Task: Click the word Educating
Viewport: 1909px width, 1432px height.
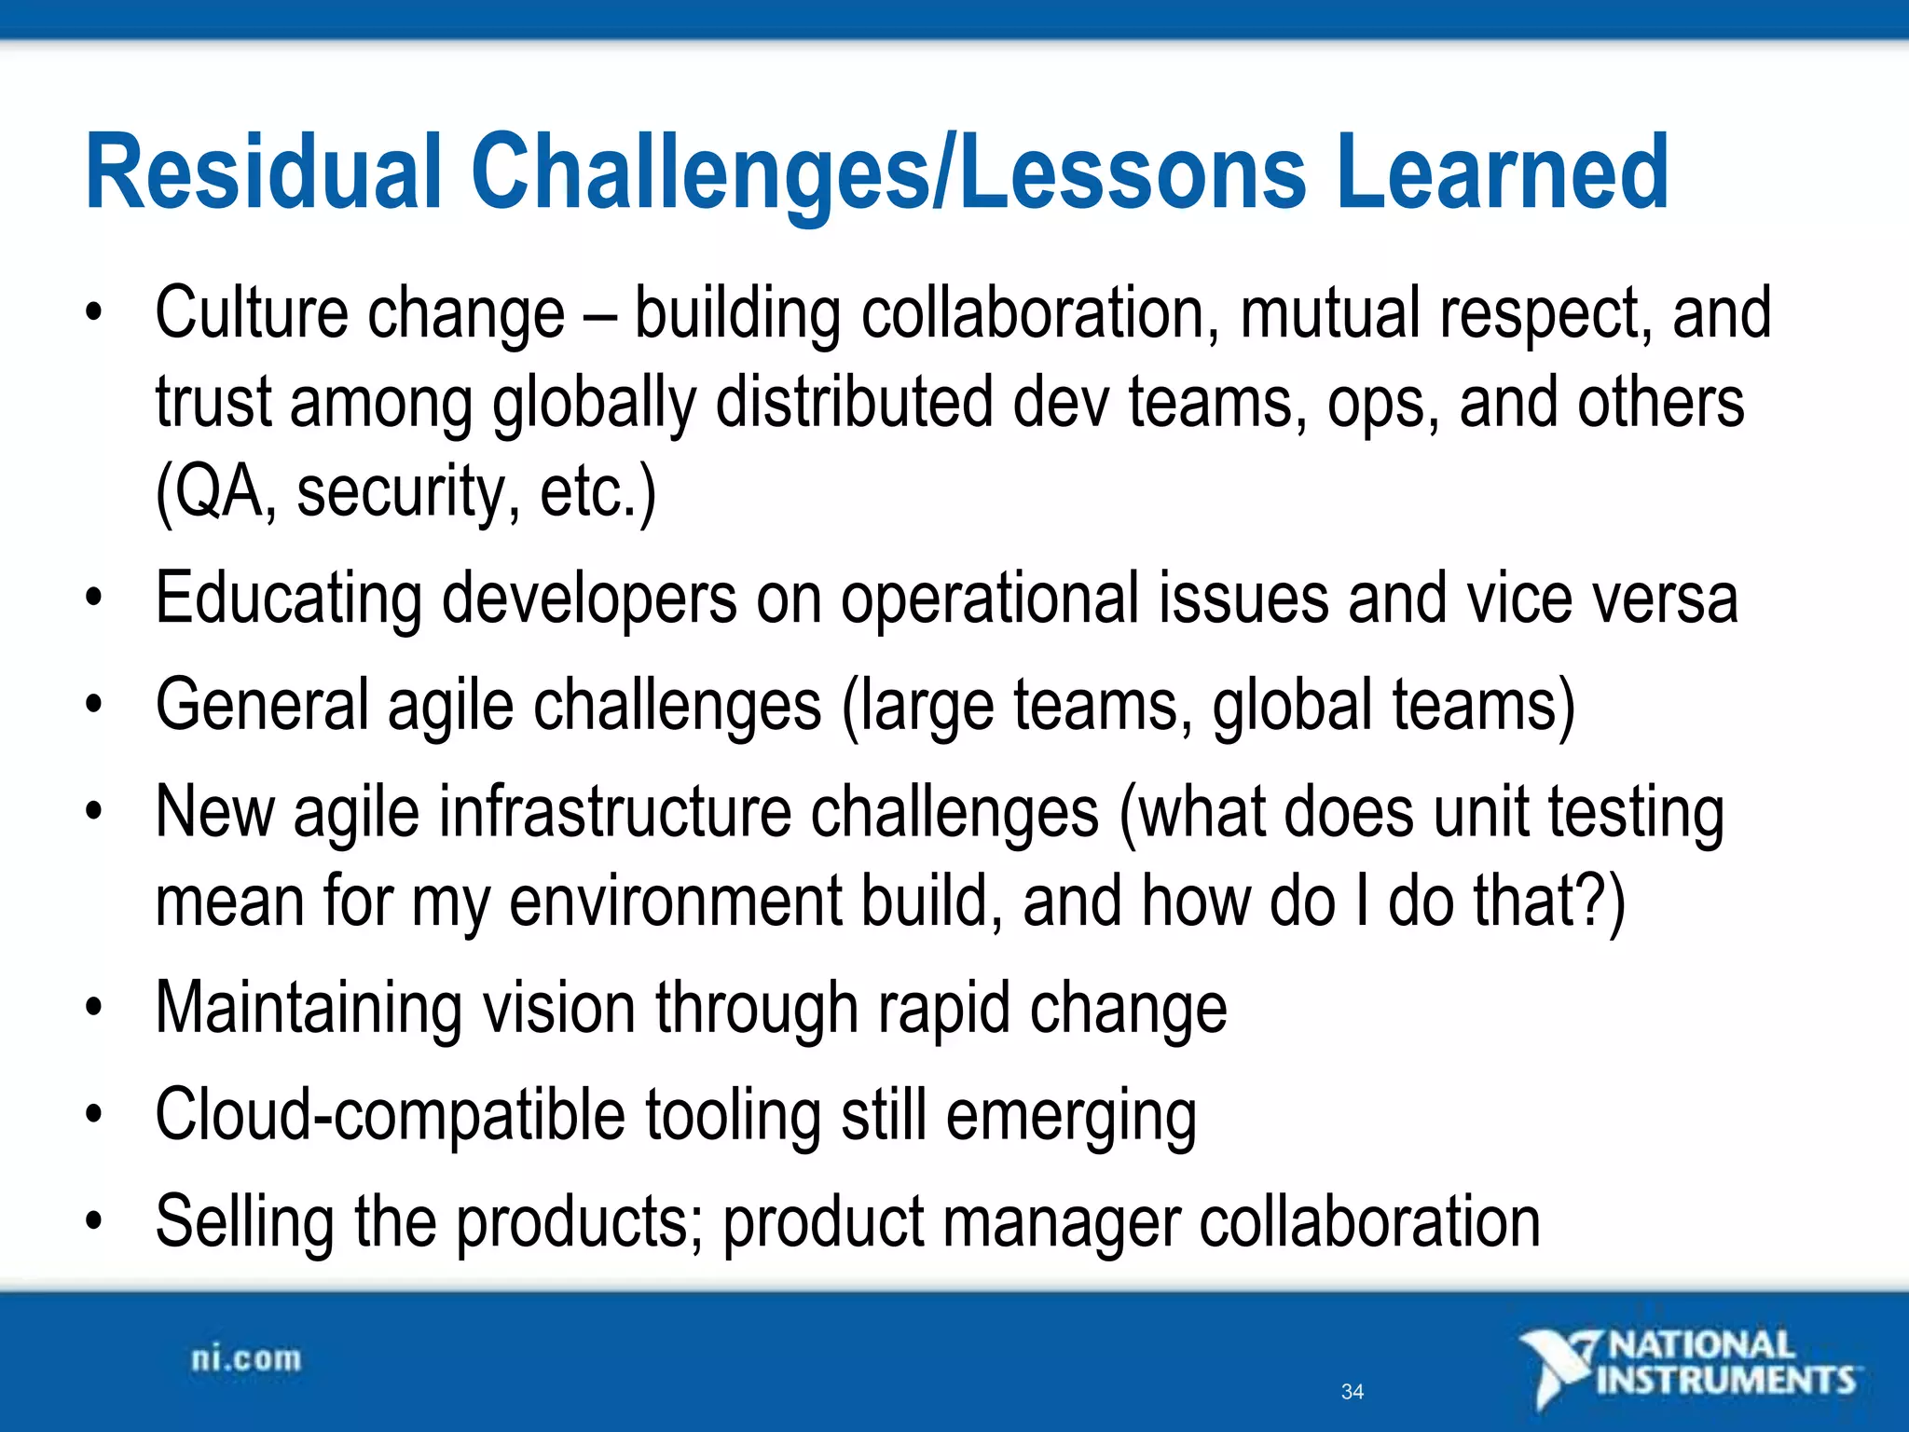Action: click(x=287, y=599)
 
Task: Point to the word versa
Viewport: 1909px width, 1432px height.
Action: click(x=1665, y=599)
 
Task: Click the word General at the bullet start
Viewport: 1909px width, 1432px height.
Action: click(x=261, y=706)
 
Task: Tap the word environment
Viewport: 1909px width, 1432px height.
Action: click(x=675, y=902)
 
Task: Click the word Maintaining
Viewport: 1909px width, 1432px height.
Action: click(x=308, y=1009)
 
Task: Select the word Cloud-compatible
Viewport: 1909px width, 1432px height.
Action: click(x=390, y=1116)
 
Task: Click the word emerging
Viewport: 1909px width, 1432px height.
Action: click(x=1071, y=1116)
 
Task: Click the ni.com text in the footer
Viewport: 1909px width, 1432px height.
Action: click(x=246, y=1359)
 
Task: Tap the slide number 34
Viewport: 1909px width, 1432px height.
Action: click(x=1352, y=1392)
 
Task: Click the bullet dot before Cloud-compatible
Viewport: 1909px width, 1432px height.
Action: click(x=92, y=1114)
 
